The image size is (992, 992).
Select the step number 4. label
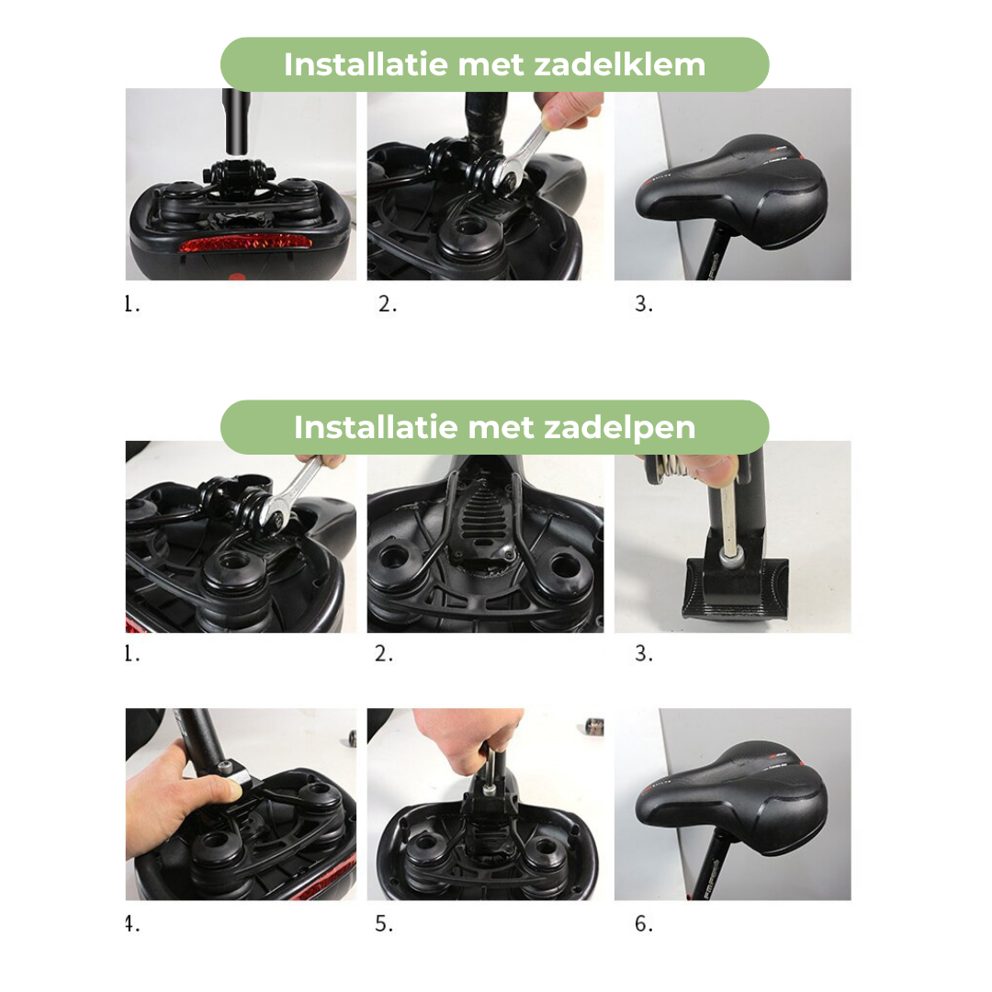[x=132, y=924]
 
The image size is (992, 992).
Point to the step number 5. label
[x=384, y=924]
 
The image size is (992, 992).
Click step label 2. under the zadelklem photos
[x=388, y=305]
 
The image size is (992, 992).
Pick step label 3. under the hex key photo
[x=644, y=654]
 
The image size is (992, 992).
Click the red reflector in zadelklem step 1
[x=244, y=244]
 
